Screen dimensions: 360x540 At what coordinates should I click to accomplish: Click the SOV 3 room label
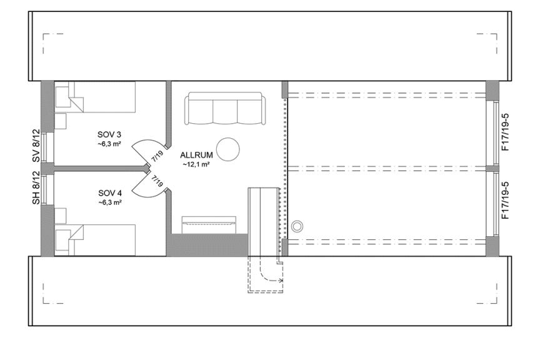110,134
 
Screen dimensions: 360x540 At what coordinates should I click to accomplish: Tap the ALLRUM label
197,155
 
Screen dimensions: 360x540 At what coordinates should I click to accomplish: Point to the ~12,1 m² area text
197,165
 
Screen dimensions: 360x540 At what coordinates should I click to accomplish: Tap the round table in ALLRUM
229,149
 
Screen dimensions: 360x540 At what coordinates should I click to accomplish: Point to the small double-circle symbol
297,226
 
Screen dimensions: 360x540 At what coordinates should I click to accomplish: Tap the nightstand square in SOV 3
61,119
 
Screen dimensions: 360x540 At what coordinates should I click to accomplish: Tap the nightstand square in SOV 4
61,216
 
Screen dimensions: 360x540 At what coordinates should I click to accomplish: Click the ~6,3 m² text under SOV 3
110,144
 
